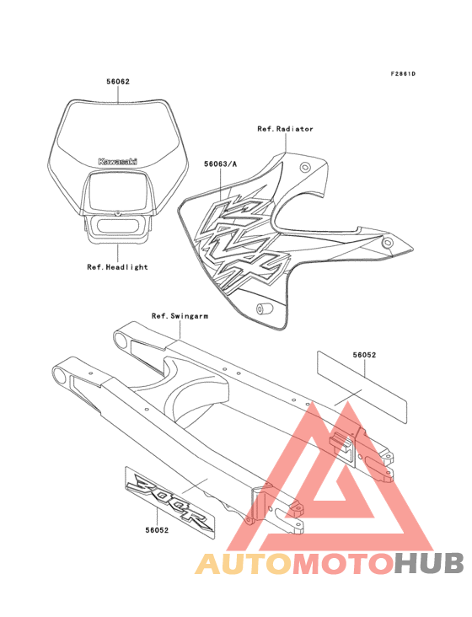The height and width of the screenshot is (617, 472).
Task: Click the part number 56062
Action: [x=118, y=82]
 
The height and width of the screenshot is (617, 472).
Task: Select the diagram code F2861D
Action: [x=403, y=73]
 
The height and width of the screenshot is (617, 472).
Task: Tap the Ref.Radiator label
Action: [x=285, y=129]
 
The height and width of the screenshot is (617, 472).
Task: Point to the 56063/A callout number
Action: [x=220, y=164]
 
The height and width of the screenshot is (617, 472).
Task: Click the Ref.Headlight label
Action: [x=117, y=267]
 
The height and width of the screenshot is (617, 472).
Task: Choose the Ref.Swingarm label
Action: [x=180, y=316]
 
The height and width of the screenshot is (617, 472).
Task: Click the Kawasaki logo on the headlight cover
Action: [x=118, y=161]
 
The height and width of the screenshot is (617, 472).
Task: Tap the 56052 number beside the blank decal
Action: [x=364, y=355]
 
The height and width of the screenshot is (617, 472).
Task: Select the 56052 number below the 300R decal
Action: [x=157, y=530]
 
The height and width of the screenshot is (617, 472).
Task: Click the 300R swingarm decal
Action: [x=170, y=502]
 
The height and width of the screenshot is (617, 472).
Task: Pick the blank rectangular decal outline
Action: [x=362, y=387]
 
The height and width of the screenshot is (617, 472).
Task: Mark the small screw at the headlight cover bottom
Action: [x=117, y=213]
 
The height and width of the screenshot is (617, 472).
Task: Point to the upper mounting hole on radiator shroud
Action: [x=305, y=168]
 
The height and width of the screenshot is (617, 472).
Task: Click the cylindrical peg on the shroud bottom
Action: [x=260, y=308]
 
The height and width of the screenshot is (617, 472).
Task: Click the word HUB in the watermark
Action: [x=429, y=563]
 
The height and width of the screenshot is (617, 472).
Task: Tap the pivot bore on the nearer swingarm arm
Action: [x=61, y=375]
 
